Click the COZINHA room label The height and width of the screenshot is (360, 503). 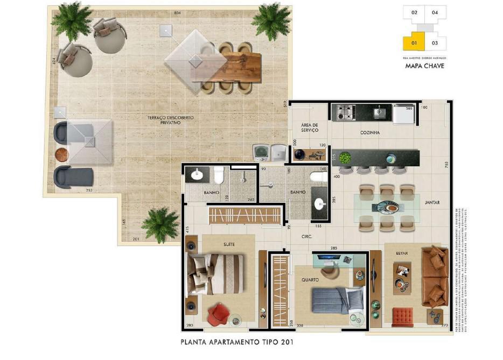pyautogui.click(x=371, y=132)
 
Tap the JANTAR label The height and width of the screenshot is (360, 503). pyautogui.click(x=432, y=202)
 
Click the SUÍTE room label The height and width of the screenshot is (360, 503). pyautogui.click(x=229, y=244)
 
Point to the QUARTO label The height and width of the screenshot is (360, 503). pyautogui.click(x=310, y=280)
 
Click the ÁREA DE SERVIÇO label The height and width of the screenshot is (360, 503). pyautogui.click(x=310, y=128)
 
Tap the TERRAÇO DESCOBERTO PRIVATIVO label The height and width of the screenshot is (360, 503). pyautogui.click(x=170, y=120)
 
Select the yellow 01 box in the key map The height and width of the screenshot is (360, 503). pyautogui.click(x=414, y=42)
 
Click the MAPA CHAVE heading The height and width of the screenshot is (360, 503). pyautogui.click(x=424, y=67)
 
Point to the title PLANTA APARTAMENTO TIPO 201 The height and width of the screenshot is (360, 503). pyautogui.click(x=237, y=342)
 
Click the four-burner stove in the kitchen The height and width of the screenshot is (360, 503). pyautogui.click(x=345, y=112)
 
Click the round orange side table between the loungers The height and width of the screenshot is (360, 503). pyautogui.click(x=62, y=155)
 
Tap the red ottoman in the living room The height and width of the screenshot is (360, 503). pyautogui.click(x=402, y=316)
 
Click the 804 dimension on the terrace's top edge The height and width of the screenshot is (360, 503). pyautogui.click(x=177, y=12)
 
